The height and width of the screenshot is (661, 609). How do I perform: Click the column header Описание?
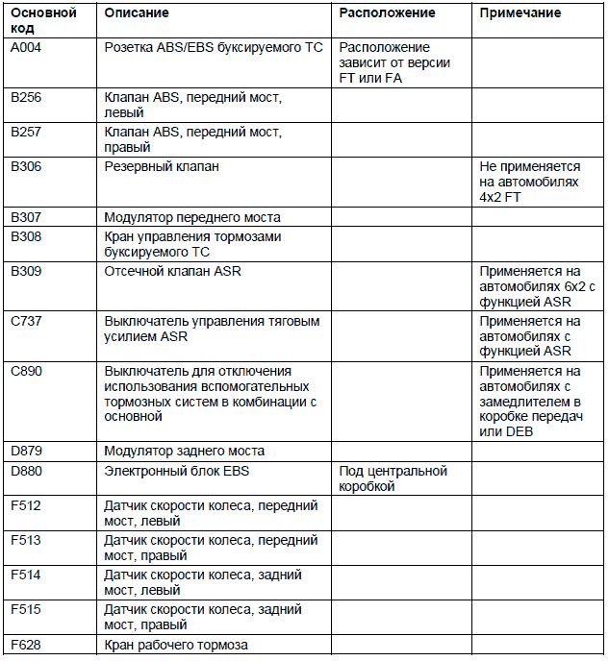136,13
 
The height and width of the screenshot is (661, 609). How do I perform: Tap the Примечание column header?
520,13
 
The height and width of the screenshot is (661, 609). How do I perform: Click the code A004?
26,47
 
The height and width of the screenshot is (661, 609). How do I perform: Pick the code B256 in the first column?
26,98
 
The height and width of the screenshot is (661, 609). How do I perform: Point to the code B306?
26,166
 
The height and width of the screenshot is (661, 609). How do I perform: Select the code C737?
26,321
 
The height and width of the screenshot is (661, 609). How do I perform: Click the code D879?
26,451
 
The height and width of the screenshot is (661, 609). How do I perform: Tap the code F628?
26,645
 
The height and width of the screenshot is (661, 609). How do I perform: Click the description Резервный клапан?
162,166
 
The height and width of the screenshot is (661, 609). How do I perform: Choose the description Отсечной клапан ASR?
172,271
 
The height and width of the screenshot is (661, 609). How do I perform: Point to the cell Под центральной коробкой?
393,478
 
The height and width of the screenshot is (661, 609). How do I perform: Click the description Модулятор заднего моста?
185,451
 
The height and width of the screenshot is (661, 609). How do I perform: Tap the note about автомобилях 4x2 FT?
528,183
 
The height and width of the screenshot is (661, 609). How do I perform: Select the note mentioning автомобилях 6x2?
538,287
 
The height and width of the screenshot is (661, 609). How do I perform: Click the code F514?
26,575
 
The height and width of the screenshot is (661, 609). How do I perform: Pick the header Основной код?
42,21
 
